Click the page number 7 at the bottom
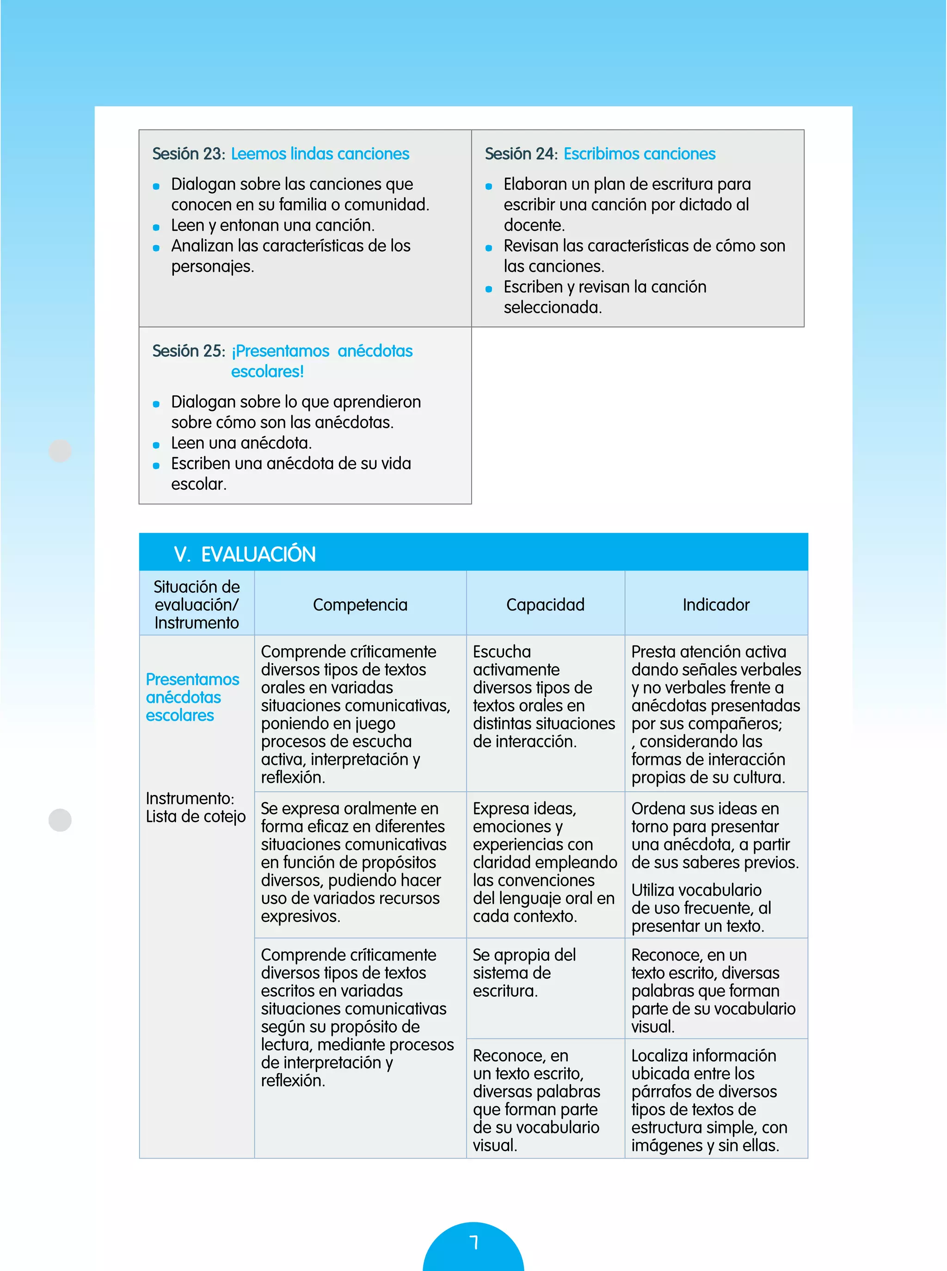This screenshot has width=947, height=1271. [x=473, y=1242]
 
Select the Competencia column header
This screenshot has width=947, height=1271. [x=360, y=605]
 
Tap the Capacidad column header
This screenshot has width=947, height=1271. [x=545, y=605]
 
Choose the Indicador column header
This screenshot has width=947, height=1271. [x=716, y=605]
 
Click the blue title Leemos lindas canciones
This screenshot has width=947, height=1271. [x=320, y=154]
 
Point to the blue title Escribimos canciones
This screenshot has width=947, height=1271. [x=639, y=154]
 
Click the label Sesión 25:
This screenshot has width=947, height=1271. [x=189, y=351]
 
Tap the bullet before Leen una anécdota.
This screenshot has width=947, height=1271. [x=156, y=445]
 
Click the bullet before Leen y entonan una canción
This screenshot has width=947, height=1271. [x=156, y=227]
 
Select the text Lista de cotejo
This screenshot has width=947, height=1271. [x=196, y=816]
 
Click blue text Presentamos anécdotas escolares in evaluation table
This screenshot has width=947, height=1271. [x=191, y=697]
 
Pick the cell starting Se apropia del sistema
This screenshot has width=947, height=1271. [x=524, y=973]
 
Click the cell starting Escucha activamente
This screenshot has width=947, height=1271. [x=543, y=696]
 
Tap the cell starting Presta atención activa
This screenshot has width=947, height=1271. [x=715, y=714]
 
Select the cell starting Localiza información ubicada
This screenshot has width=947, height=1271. [x=709, y=1100]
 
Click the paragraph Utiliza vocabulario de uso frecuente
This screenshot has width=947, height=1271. [x=701, y=908]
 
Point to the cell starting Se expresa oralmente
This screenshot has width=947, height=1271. [x=353, y=862]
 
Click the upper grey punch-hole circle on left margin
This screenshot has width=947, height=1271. [x=60, y=451]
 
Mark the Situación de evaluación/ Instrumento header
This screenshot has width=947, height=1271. [x=197, y=605]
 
